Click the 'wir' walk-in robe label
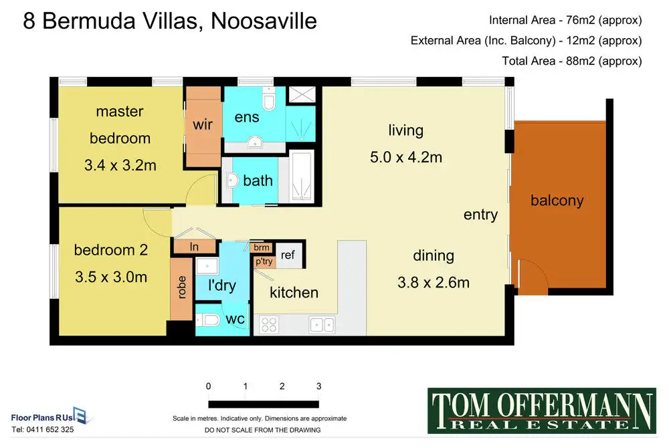click(x=203, y=124)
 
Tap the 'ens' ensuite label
click(x=247, y=117)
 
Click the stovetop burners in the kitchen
click(x=269, y=324)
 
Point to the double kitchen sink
click(x=322, y=325)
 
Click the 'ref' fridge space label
click(x=288, y=255)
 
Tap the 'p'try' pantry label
click(x=264, y=261)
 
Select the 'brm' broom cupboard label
click(x=261, y=247)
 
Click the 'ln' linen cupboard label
click(x=194, y=247)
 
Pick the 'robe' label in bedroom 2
click(x=182, y=287)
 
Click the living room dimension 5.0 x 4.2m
click(x=406, y=157)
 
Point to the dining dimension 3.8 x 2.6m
click(x=434, y=282)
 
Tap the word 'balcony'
click(x=557, y=201)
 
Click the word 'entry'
click(x=480, y=215)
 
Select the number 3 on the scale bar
click(x=318, y=386)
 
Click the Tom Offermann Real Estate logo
click(x=542, y=411)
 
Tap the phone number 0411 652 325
click(x=50, y=430)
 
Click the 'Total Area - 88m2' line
click(x=572, y=61)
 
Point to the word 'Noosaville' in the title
click(x=264, y=21)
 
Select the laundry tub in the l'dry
click(x=207, y=266)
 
